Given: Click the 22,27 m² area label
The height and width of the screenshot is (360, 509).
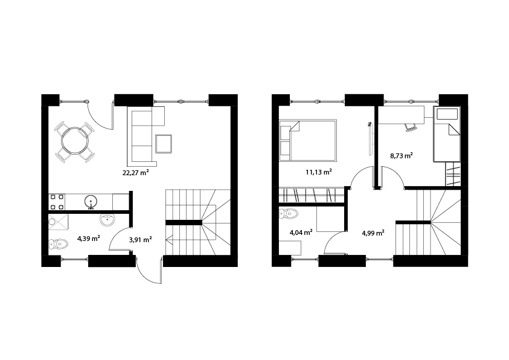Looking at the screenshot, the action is [135, 172].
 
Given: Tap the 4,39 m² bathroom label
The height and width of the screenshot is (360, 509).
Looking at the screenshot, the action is [88, 239].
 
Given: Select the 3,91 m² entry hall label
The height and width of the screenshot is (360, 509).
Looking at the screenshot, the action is [141, 240].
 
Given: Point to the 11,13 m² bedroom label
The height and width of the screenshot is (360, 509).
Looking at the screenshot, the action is [318, 172].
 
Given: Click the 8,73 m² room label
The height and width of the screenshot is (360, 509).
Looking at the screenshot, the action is [402, 155].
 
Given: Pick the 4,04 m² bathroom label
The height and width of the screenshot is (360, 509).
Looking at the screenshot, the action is [301, 232].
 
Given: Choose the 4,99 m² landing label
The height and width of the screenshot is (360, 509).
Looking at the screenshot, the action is [373, 233].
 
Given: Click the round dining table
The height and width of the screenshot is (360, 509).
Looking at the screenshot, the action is [75, 142].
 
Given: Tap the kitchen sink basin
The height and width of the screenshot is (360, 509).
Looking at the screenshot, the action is [91, 202].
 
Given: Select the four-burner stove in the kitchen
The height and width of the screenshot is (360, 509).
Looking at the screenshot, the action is [57, 202].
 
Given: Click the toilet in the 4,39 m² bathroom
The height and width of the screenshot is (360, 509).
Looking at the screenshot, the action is [58, 244].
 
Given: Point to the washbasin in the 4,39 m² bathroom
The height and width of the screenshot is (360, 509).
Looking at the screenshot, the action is [107, 220].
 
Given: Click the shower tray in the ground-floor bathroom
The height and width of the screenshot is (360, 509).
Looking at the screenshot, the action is [59, 222].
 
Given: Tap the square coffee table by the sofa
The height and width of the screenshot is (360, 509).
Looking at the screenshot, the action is [164, 144].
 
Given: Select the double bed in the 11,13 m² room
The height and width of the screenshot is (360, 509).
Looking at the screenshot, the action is [308, 140].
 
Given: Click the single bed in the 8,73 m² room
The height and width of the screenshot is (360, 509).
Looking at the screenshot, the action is [447, 134].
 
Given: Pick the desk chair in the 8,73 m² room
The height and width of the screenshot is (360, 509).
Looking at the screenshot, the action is [410, 127].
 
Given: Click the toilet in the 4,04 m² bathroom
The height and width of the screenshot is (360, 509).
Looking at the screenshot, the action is [288, 213].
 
